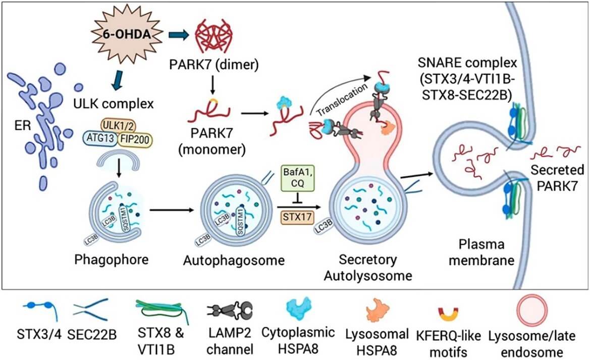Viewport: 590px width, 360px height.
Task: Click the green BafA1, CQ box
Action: [296, 180]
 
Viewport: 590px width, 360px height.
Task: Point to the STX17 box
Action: [296, 218]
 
